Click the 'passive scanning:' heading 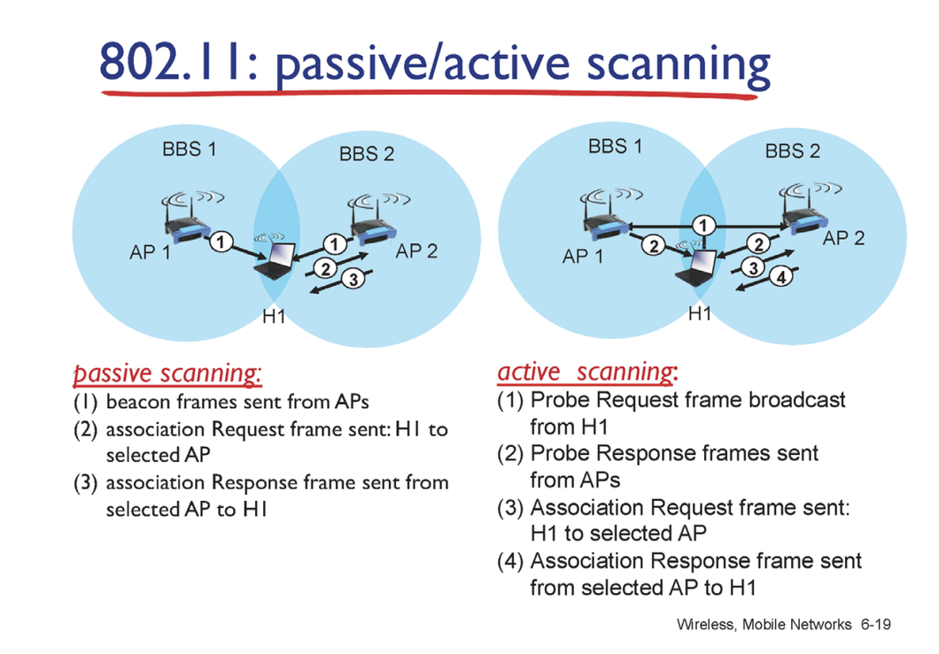pos(167,373)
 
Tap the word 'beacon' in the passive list pos(133,403)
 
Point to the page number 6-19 pos(873,625)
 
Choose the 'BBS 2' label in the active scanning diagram pos(792,151)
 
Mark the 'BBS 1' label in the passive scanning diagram pos(189,149)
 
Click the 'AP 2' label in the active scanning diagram pos(842,238)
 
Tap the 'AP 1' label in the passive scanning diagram pos(149,252)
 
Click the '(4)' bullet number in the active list pos(511,561)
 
